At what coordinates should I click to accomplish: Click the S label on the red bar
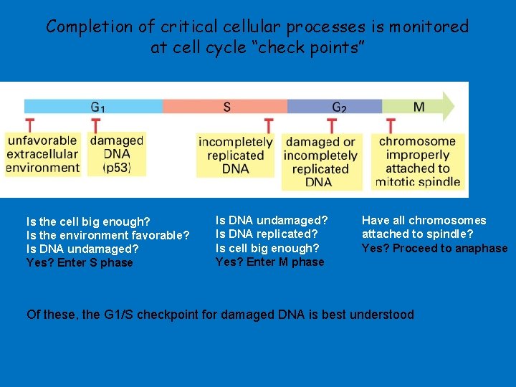click(226, 107)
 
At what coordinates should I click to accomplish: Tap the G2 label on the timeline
click(339, 107)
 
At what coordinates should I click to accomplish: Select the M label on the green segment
click(419, 107)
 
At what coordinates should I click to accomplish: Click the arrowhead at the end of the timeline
click(449, 106)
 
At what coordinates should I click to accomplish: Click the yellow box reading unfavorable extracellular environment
click(43, 154)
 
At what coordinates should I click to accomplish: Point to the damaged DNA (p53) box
click(116, 154)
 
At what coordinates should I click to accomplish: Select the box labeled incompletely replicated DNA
click(235, 155)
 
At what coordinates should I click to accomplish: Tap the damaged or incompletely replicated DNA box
click(320, 162)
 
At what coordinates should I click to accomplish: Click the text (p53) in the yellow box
click(116, 168)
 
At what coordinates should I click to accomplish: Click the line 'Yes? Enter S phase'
click(80, 263)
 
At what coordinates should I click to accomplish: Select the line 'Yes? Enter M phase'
click(269, 262)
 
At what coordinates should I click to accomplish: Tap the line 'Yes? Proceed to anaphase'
click(434, 249)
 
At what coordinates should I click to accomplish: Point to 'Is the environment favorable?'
click(107, 235)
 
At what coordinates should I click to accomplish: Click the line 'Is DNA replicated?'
click(266, 234)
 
